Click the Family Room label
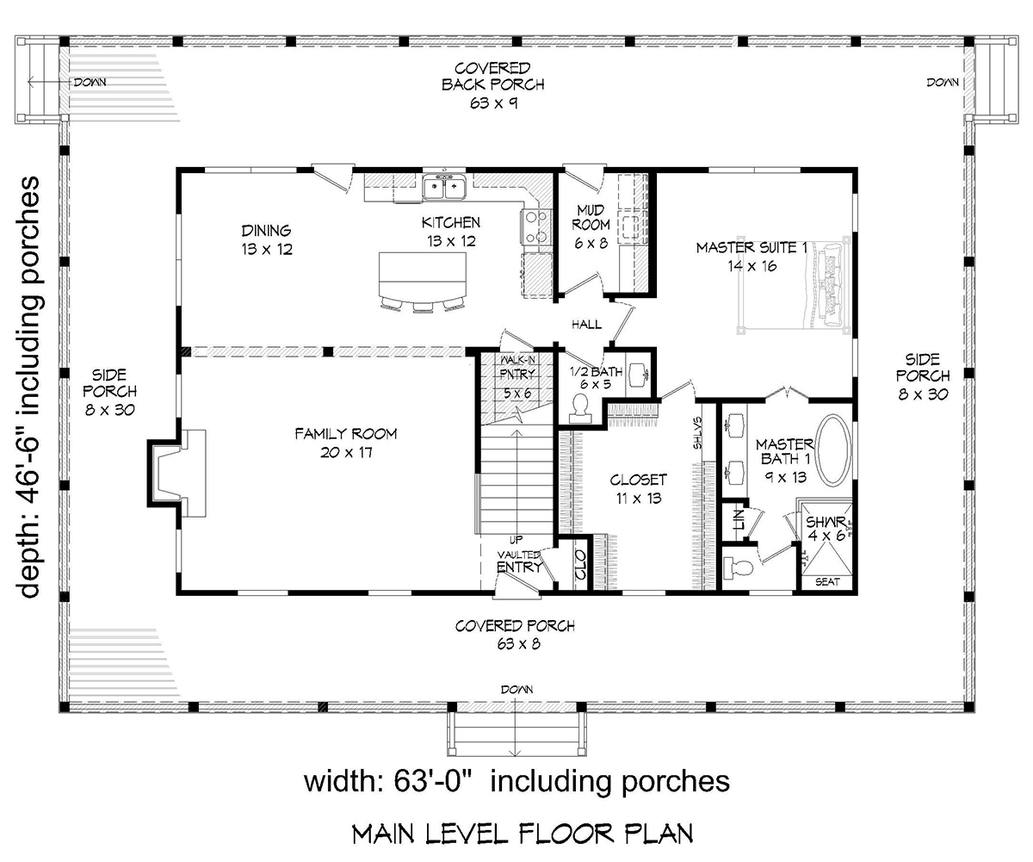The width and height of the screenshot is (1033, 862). [x=333, y=443]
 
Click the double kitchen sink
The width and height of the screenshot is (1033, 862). [x=445, y=185]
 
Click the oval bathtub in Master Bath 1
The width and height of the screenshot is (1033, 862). [x=834, y=450]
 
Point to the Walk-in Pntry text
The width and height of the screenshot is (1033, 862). [x=518, y=367]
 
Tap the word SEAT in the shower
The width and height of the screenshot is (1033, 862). [x=827, y=582]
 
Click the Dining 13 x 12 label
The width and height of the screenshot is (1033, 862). [x=267, y=239]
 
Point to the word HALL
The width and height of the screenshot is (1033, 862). [x=586, y=325]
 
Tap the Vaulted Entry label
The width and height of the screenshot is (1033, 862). [x=519, y=561]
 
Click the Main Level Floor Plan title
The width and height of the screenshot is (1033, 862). [x=523, y=834]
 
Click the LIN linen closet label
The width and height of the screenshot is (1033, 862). [x=738, y=520]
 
